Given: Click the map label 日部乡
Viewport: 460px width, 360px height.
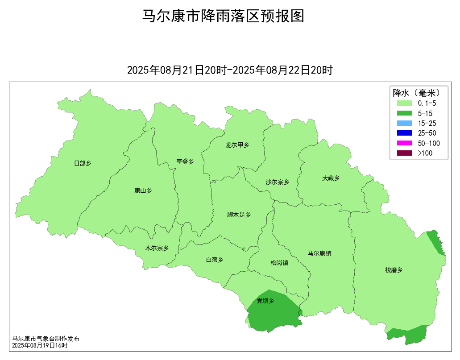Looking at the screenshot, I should pyautogui.click(x=83, y=164).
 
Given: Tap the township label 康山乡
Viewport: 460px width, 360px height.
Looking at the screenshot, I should pyautogui.click(x=143, y=191).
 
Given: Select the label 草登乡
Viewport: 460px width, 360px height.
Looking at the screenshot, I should pyautogui.click(x=185, y=161).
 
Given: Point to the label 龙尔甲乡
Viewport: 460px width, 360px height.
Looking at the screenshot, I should pyautogui.click(x=237, y=145).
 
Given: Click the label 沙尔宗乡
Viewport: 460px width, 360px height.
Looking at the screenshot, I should pyautogui.click(x=278, y=182).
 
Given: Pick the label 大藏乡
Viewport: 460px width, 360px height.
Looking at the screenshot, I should pyautogui.click(x=331, y=178).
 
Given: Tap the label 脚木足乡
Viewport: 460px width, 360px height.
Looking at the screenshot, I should pyautogui.click(x=239, y=215).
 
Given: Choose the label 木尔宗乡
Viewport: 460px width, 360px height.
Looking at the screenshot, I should pyautogui.click(x=157, y=248).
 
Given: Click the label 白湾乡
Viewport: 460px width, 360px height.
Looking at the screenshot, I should pyautogui.click(x=215, y=260).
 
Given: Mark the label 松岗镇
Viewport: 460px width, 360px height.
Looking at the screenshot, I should pyautogui.click(x=279, y=263).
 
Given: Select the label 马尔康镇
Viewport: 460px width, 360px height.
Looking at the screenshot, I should pyautogui.click(x=319, y=254).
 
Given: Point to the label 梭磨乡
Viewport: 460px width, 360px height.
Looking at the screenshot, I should pyautogui.click(x=394, y=270).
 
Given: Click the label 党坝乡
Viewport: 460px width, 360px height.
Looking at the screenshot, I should pyautogui.click(x=265, y=301).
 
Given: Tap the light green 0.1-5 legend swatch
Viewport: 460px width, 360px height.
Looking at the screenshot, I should pyautogui.click(x=404, y=103).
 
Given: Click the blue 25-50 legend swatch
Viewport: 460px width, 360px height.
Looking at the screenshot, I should pyautogui.click(x=404, y=133).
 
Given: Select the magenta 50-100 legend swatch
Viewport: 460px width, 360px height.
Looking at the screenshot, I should pyautogui.click(x=404, y=143).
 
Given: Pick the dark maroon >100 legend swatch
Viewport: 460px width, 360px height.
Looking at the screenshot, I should pyautogui.click(x=404, y=153).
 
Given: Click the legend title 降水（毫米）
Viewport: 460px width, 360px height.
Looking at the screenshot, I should pyautogui.click(x=417, y=93).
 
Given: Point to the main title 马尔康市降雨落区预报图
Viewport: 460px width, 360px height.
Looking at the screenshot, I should pyautogui.click(x=223, y=16).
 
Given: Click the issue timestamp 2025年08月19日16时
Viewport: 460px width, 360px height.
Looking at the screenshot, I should pyautogui.click(x=40, y=345).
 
